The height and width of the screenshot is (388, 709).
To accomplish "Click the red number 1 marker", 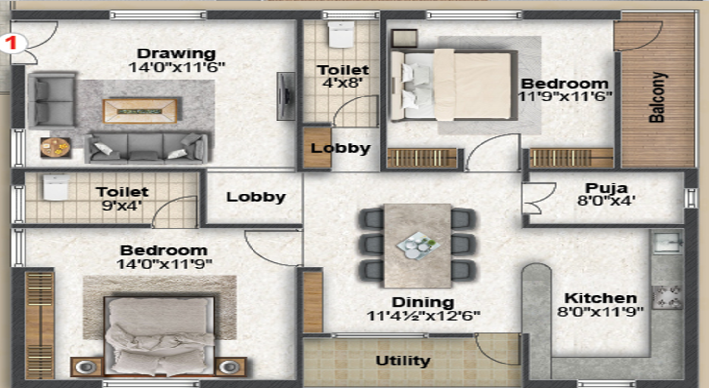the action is click(12, 43).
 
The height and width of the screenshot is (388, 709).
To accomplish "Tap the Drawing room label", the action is click(177, 53).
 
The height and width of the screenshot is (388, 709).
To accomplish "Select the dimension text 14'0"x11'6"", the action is click(177, 67).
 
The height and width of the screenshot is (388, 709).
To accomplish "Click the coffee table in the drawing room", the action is click(140, 111).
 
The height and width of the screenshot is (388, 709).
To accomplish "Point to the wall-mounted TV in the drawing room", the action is click(286, 96).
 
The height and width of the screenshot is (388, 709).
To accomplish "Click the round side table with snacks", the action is click(55, 147).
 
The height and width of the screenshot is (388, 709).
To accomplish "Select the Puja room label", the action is click(606, 188).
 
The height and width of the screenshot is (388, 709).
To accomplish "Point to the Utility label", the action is click(403, 361).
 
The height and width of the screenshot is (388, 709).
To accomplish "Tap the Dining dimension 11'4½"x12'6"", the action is click(423, 316).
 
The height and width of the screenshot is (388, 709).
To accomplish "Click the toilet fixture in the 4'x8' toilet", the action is click(341, 34).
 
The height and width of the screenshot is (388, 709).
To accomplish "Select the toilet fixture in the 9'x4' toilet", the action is click(56, 188).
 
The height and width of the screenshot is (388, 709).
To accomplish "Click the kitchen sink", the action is click(666, 242).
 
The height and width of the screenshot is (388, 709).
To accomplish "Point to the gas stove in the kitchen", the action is click(666, 296).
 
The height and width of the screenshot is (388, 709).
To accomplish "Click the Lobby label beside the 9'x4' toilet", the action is click(256, 197).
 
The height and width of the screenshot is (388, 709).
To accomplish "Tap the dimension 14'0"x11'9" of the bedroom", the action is click(164, 264).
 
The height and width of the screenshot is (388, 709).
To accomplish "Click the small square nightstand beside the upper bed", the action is click(404, 39).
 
